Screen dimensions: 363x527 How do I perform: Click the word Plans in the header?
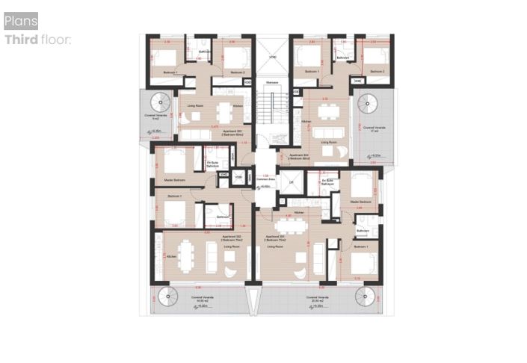tap(20, 21)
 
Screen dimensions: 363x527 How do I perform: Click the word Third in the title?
tap(21, 40)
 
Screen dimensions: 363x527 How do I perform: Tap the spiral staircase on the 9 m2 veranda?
tap(161, 102)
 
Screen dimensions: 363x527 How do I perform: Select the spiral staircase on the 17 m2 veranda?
tap(366, 102)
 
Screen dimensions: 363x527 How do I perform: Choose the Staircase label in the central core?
tap(273, 82)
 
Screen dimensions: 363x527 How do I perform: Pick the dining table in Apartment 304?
tap(327, 113)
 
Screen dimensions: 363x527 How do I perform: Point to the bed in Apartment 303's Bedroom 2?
tap(235, 57)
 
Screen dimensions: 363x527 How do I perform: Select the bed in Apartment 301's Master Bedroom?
tap(360, 186)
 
